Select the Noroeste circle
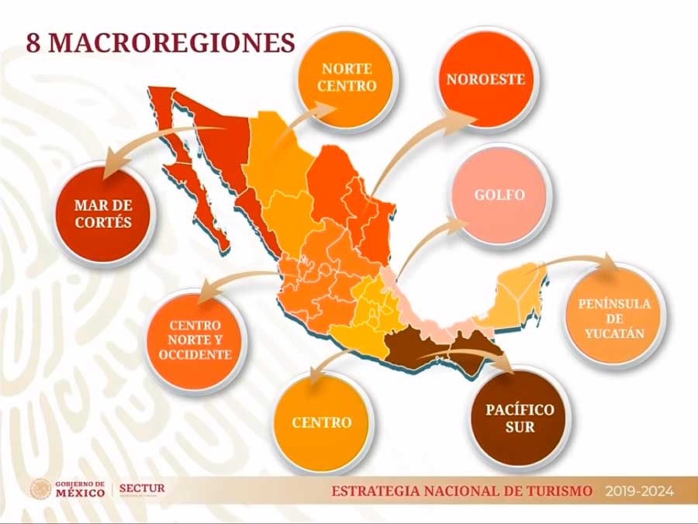coord(485,78)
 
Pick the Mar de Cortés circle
coord(103,213)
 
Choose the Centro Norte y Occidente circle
coord(195,340)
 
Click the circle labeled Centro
coord(322,422)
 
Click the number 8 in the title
coord(33,43)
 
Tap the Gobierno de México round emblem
coord(40,489)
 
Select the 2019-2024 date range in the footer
coord(640,491)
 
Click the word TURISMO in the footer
coord(558,491)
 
